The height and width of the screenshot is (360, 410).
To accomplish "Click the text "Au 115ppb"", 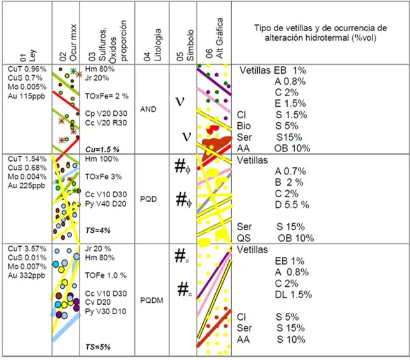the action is pyautogui.click(x=26, y=96).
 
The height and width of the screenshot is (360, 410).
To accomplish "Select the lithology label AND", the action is pyautogui.click(x=148, y=109).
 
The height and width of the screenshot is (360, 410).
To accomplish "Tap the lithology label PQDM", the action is pyautogui.click(x=152, y=300).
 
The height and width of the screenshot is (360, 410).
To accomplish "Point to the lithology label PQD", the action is pyautogui.click(x=148, y=199).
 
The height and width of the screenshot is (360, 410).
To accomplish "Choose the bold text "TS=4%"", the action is pyautogui.click(x=98, y=230).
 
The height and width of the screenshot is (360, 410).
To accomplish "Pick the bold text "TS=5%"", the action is pyautogui.click(x=98, y=347).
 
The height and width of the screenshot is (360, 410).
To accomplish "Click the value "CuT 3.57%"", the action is pyautogui.click(x=27, y=249).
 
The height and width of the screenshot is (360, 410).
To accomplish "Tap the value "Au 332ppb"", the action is pyautogui.click(x=26, y=275).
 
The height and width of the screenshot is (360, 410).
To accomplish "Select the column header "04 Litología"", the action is pyautogui.click(x=152, y=45).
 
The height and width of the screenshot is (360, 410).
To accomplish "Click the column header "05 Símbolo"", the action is pyautogui.click(x=185, y=45).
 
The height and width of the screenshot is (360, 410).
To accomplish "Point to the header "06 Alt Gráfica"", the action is pyautogui.click(x=215, y=38).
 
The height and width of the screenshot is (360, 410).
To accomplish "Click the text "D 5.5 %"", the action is pyautogui.click(x=292, y=205).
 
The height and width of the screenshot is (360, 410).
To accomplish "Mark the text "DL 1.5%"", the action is pyautogui.click(x=293, y=294).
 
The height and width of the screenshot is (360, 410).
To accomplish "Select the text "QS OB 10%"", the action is pyautogui.click(x=275, y=238).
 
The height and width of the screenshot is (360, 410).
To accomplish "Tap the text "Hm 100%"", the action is pyautogui.click(x=102, y=159).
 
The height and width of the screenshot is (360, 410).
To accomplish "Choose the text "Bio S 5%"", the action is pyautogui.click(x=267, y=126).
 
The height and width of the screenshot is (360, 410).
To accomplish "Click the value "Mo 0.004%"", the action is pyautogui.click(x=27, y=177).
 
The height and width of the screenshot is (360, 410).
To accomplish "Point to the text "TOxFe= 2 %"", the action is pyautogui.click(x=107, y=96).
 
